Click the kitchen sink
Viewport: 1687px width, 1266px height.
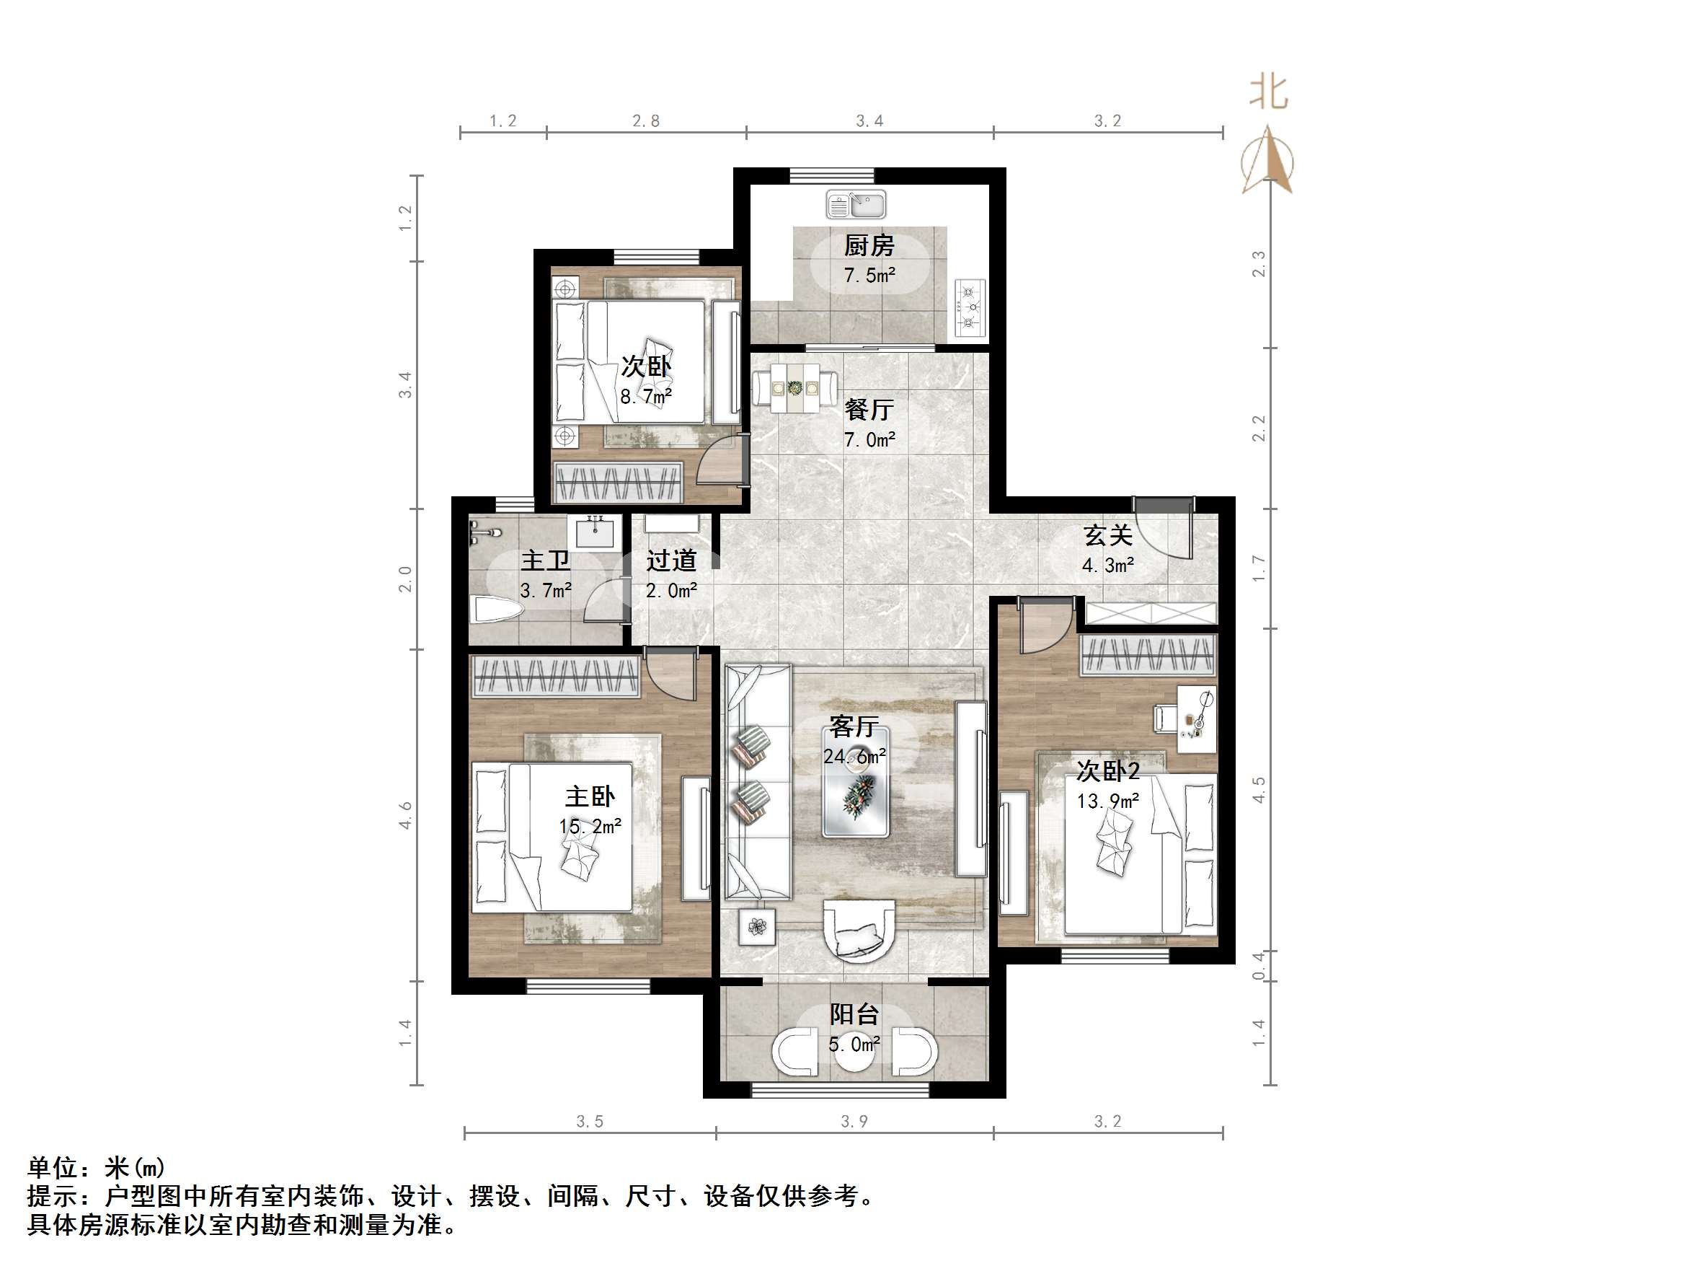[856, 205]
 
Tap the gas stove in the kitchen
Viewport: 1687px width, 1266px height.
[970, 307]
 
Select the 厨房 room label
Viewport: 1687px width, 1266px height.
[869, 246]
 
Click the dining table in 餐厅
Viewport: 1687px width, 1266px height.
[794, 388]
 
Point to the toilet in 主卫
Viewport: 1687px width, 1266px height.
[497, 609]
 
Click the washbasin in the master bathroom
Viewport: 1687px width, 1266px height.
[595, 531]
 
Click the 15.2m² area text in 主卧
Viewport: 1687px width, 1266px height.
[590, 827]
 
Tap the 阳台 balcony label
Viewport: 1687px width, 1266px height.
[854, 1014]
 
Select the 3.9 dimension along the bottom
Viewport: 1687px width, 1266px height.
[854, 1121]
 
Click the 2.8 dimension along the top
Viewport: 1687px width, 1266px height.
[645, 120]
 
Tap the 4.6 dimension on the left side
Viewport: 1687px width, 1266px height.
[405, 815]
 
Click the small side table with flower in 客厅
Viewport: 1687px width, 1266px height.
[756, 927]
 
